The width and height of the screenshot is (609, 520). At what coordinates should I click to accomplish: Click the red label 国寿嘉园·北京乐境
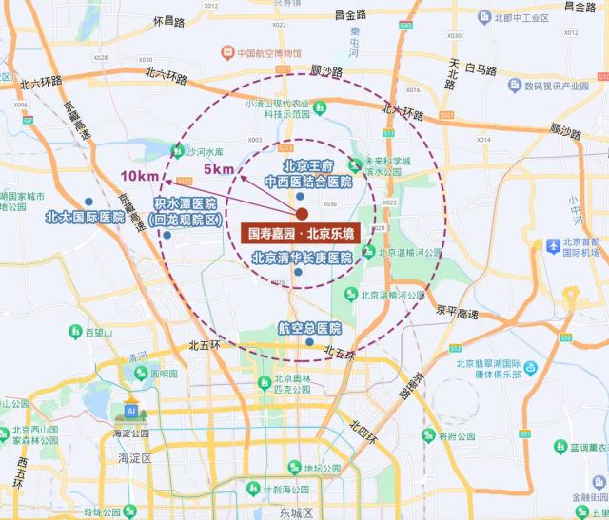[301, 233]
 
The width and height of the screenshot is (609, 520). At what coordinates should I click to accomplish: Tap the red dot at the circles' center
[302, 214]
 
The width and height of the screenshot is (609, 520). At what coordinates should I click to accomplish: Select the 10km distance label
[139, 176]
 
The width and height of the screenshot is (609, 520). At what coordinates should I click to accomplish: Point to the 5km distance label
[218, 169]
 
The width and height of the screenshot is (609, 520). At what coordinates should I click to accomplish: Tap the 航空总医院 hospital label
[308, 327]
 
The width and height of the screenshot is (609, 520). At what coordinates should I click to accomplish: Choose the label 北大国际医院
[85, 217]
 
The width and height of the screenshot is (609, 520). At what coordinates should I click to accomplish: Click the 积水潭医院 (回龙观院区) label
[186, 212]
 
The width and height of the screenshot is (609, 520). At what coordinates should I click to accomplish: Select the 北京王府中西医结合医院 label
[306, 173]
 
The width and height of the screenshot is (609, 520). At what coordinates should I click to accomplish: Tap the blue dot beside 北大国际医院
[88, 202]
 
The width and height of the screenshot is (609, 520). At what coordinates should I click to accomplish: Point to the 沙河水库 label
[203, 151]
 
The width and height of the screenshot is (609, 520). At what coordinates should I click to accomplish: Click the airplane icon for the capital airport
[553, 246]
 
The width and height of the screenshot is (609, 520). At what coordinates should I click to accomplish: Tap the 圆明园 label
[165, 374]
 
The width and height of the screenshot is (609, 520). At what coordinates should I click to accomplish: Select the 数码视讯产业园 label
[563, 86]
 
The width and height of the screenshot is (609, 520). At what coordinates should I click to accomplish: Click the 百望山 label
[98, 332]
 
